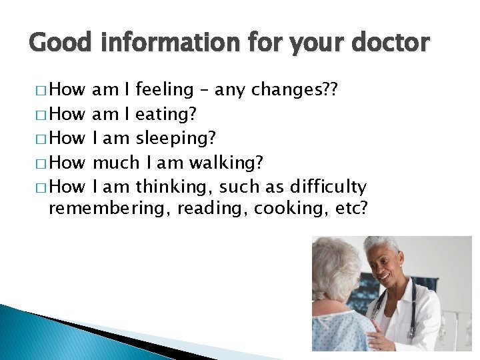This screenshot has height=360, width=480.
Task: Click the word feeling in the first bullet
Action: point(165,90)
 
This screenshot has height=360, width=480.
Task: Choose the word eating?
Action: point(165,115)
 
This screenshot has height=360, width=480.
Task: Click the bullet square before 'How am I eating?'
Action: point(43,115)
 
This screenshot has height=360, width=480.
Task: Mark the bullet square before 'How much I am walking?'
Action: point(43,163)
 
